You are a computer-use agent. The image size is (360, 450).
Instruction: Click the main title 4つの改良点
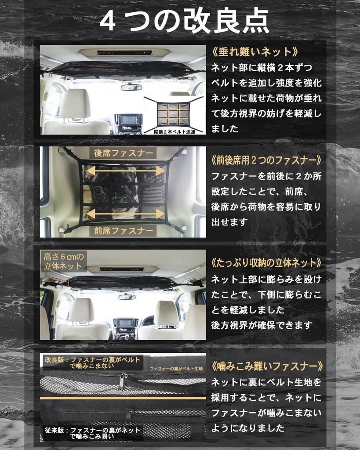(x=184, y=21)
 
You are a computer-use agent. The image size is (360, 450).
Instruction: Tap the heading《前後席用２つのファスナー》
(x=266, y=160)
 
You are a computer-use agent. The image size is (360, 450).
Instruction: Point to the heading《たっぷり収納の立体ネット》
(x=266, y=263)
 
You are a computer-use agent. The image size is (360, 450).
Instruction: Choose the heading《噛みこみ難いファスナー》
(x=266, y=366)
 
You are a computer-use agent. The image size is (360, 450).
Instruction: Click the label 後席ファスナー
(x=124, y=153)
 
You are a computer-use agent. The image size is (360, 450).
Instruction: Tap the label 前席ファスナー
(x=124, y=230)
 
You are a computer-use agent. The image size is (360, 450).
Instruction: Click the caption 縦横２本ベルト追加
(x=174, y=131)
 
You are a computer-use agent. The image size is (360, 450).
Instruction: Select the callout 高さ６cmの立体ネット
(x=63, y=261)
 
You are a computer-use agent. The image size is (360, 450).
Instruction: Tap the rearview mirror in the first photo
(x=131, y=87)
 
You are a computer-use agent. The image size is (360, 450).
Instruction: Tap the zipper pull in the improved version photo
(x=122, y=381)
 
